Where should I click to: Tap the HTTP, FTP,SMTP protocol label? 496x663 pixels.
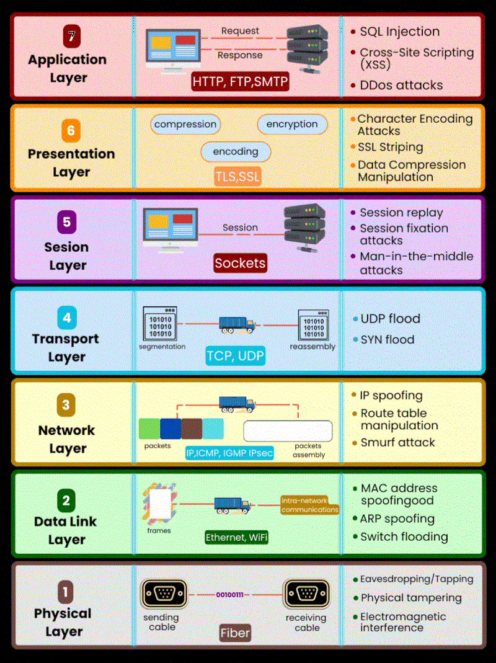(x=240, y=81)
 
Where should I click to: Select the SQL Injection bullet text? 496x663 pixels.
(x=400, y=32)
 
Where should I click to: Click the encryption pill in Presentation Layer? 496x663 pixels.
(x=292, y=124)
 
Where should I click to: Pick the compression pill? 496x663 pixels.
(x=185, y=124)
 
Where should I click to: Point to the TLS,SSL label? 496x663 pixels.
(x=237, y=176)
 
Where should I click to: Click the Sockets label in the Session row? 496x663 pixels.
(x=240, y=263)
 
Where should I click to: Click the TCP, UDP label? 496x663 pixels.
(x=236, y=355)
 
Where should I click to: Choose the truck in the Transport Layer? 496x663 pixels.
(x=237, y=324)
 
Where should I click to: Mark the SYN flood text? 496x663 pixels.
(x=387, y=339)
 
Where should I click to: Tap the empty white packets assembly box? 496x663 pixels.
(x=288, y=430)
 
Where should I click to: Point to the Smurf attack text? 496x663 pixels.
(x=397, y=442)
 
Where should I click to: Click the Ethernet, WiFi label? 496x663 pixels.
(x=237, y=537)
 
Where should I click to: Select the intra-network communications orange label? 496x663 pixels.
(x=309, y=505)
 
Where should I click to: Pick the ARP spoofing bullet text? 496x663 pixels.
(x=397, y=518)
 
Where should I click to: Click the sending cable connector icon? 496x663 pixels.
(x=164, y=594)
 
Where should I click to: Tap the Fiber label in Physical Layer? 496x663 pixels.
(x=236, y=633)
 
